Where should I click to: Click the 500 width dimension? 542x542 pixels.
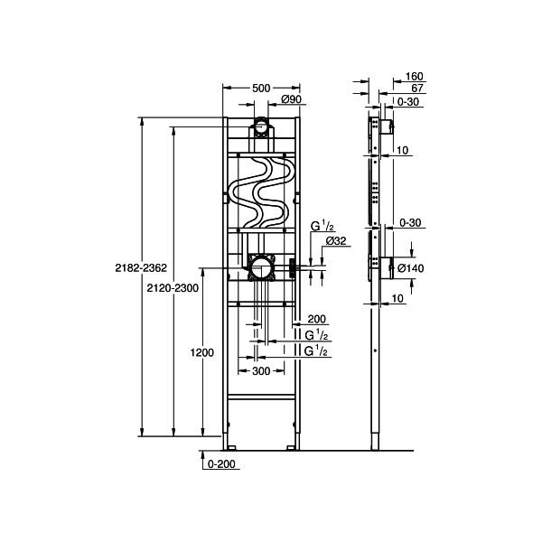click(260, 89)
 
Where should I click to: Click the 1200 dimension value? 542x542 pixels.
click(203, 353)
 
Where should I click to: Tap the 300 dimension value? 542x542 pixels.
click(261, 370)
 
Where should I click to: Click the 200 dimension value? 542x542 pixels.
click(317, 319)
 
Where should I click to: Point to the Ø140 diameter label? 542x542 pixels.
click(411, 267)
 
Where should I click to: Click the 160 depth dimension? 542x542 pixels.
click(416, 77)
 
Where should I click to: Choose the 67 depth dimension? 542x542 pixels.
click(417, 89)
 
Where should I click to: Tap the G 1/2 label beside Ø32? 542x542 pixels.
click(322, 226)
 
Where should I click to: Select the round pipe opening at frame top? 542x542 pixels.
click(260, 126)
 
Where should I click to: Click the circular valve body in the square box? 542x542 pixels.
click(261, 267)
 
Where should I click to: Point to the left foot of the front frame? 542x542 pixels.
click(231, 445)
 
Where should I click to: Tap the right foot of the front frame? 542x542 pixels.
click(290, 445)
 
